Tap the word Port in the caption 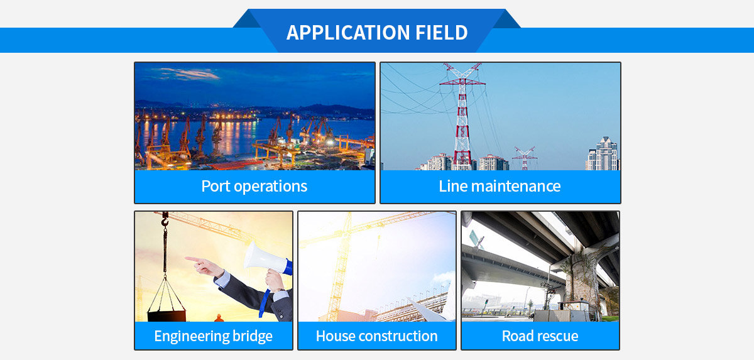click(216, 186)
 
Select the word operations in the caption click(270, 187)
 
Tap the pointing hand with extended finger click(205, 266)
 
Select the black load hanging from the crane click(167, 315)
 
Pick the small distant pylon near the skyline click(524, 158)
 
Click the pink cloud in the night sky click(186, 74)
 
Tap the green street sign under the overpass click(477, 239)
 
